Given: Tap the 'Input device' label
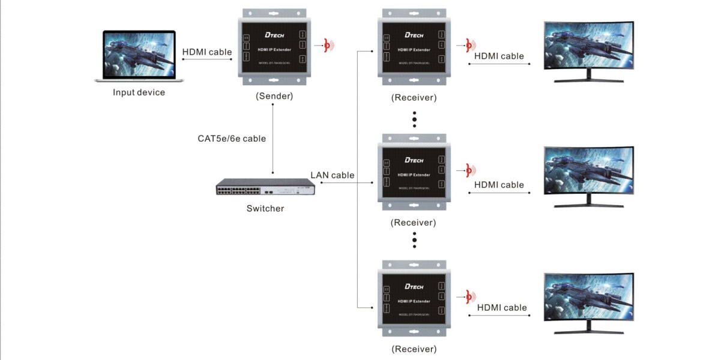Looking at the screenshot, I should pos(139,92).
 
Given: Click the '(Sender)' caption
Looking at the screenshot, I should pos(274,96).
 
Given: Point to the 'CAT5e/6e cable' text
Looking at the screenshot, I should pos(232,139).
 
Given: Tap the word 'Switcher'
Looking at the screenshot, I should pos(265,209).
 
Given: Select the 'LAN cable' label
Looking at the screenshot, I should pos(332,175).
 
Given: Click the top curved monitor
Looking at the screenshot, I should pos(588,52).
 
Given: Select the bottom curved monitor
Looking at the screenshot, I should pos(588,302).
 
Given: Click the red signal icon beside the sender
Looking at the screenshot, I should pos(328,45).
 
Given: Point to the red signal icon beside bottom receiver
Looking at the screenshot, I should pos(469,296).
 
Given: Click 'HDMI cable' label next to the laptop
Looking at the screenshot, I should pos(207,52).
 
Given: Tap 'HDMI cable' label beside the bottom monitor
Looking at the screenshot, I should pos(502,308).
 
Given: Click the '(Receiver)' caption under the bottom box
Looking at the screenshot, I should pos(414,349).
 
